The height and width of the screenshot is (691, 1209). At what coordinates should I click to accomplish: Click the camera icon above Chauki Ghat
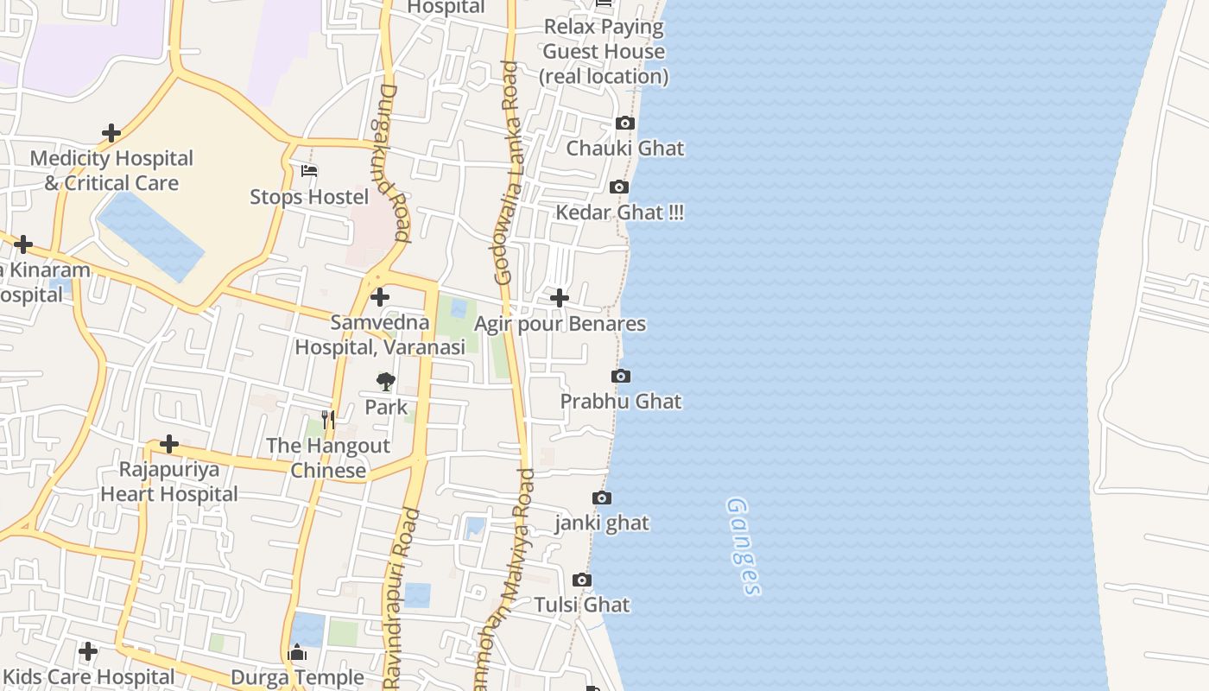tap(625, 124)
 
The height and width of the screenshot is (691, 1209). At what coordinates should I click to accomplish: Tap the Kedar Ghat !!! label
tap(619, 212)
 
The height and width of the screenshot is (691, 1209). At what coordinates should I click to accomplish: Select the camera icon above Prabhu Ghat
tap(620, 376)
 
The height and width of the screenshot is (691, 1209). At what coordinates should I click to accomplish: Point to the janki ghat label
tap(602, 523)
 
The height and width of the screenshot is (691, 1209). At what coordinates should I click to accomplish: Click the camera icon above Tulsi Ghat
tap(582, 580)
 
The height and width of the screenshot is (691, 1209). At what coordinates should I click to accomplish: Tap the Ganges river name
tap(744, 546)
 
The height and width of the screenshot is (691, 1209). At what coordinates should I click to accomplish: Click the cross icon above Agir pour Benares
tap(560, 298)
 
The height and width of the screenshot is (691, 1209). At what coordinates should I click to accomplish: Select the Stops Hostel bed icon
tap(309, 171)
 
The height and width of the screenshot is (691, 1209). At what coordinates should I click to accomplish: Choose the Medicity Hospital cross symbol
tap(111, 133)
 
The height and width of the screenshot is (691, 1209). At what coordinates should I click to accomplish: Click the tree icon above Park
tap(385, 381)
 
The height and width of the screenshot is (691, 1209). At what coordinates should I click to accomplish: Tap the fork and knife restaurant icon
tap(327, 420)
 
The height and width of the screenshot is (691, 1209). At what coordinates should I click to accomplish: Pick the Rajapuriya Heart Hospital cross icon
tap(169, 444)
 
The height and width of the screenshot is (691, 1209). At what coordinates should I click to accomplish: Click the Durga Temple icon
tap(297, 652)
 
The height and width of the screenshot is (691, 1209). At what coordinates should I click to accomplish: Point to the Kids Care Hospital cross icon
tap(87, 650)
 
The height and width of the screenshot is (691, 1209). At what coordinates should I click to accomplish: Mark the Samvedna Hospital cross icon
tap(379, 297)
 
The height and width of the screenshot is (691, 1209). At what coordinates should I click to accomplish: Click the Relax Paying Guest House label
tap(604, 51)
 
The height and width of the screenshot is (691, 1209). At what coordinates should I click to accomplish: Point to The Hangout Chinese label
tap(328, 458)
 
